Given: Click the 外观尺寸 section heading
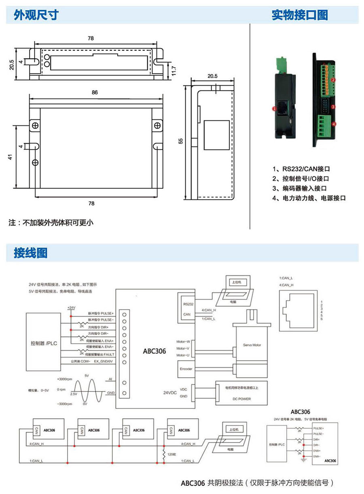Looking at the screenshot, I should [x=36, y=15].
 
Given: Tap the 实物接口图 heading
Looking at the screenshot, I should [x=299, y=15].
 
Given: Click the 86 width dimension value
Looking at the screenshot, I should [x=95, y=92].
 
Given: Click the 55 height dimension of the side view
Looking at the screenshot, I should [x=180, y=140].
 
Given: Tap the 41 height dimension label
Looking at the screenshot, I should [x=11, y=157].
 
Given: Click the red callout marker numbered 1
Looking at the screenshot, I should [x=274, y=109].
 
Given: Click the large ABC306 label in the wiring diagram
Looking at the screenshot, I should [x=154, y=351].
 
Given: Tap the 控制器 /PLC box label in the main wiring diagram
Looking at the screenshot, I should [x=44, y=343].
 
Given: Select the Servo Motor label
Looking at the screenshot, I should [x=252, y=345].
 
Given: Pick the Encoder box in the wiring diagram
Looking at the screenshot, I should [x=186, y=369].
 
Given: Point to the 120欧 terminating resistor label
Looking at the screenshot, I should [x=171, y=455].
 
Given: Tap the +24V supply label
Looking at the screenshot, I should [x=72, y=308].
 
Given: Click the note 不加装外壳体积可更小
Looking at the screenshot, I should [x=51, y=222].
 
